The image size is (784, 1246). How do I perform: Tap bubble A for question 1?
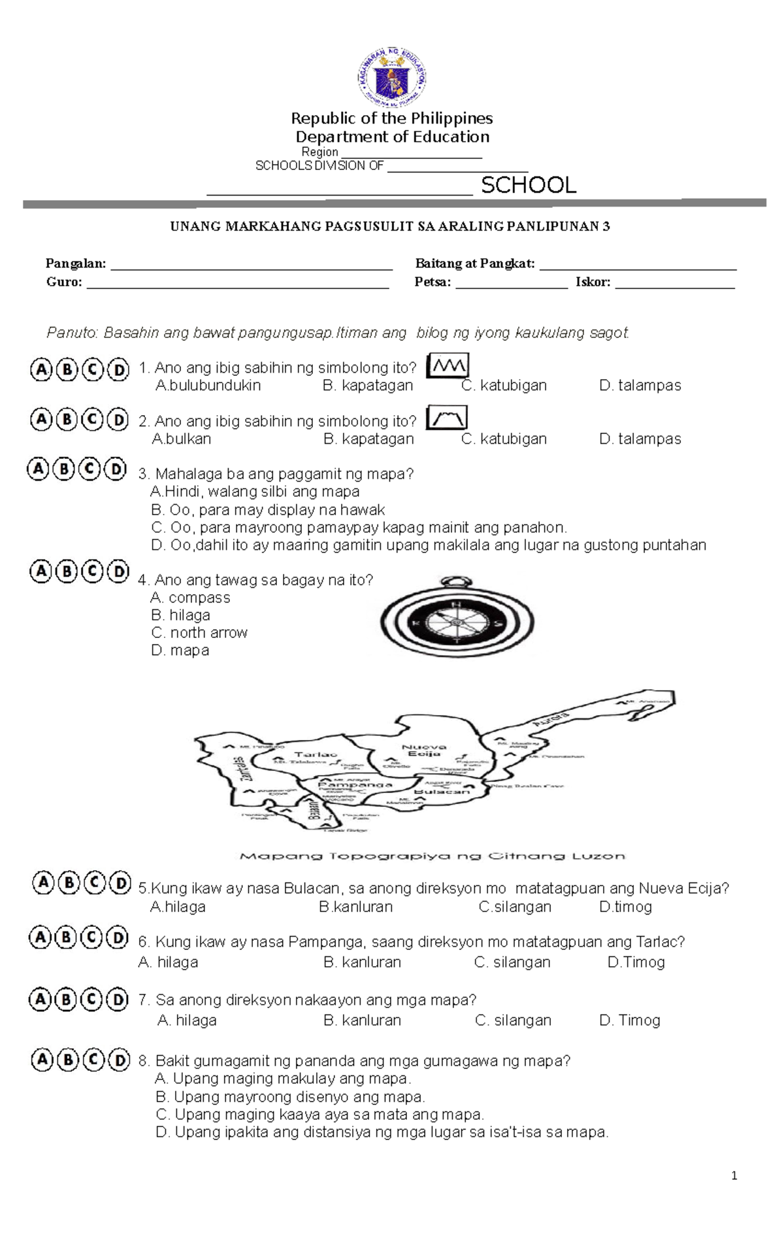(41, 369)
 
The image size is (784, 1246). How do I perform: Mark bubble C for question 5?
(95, 883)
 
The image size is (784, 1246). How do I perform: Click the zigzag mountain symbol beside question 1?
(448, 366)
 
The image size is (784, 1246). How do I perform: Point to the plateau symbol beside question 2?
(447, 418)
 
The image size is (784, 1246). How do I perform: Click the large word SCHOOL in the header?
(529, 185)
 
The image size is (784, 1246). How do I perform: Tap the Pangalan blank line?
(252, 264)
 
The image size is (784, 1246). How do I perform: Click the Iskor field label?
(593, 282)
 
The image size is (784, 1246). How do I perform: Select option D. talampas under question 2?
(640, 439)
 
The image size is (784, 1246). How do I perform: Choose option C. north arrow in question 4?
(199, 632)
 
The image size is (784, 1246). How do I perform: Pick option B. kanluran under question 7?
(362, 1020)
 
